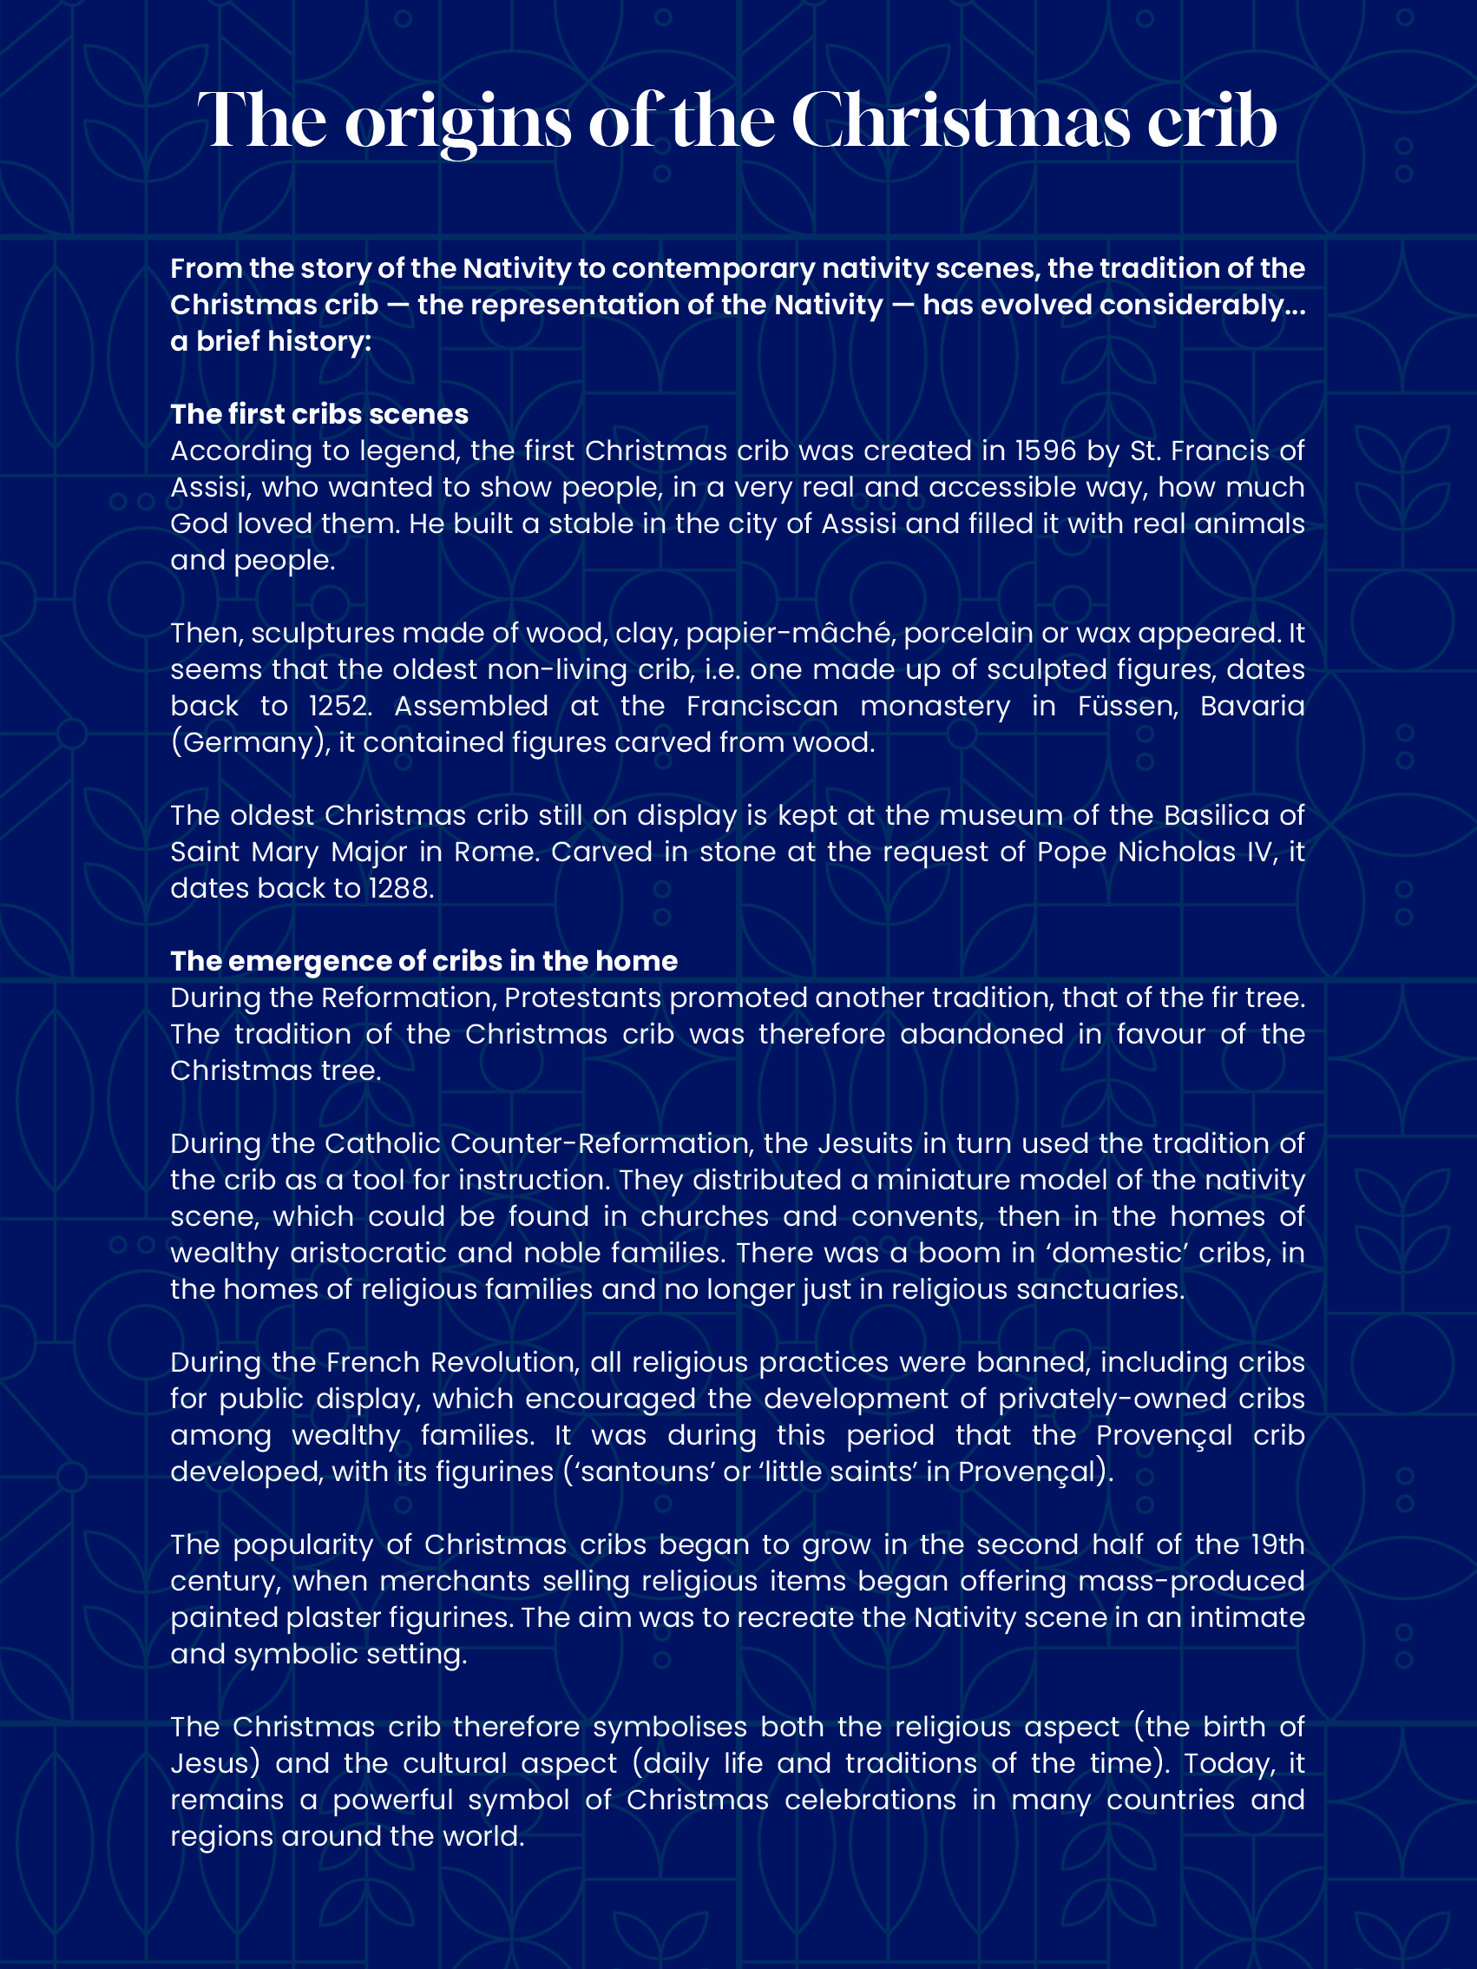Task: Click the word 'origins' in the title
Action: pos(457,122)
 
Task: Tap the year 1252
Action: pos(338,706)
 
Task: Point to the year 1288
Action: pos(400,888)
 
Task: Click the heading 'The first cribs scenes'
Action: pos(319,414)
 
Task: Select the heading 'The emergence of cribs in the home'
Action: pos(423,961)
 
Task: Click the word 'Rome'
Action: pos(496,852)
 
